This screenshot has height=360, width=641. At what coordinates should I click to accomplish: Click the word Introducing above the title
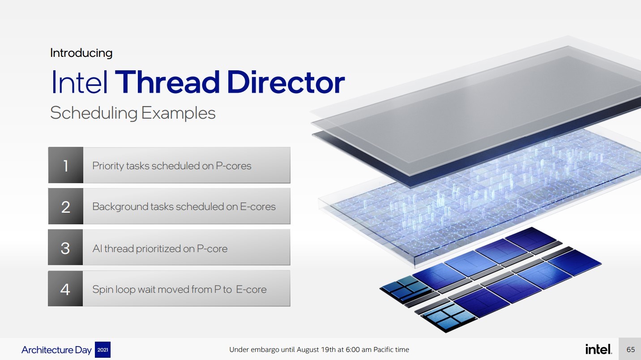tap(81, 53)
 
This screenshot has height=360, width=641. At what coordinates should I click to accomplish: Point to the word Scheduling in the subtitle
tap(94, 113)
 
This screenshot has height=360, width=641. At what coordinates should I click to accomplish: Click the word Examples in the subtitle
tap(178, 113)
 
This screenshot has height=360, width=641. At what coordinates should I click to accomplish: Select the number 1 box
tap(66, 165)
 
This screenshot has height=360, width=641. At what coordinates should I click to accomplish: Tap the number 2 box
tap(66, 206)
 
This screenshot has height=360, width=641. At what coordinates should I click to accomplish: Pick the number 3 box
tap(65, 247)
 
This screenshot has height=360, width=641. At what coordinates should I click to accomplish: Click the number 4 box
tap(65, 288)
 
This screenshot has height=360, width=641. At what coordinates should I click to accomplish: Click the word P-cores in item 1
tap(234, 166)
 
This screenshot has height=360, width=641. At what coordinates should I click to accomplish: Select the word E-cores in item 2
tap(257, 206)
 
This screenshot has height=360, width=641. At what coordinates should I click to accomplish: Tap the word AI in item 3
tap(97, 249)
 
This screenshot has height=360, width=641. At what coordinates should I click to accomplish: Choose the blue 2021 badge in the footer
tap(103, 350)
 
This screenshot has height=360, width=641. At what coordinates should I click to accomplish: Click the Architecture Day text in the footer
tap(56, 350)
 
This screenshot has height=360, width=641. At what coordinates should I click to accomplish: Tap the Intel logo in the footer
tap(598, 349)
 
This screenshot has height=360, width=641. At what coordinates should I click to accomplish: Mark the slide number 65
tap(631, 349)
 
